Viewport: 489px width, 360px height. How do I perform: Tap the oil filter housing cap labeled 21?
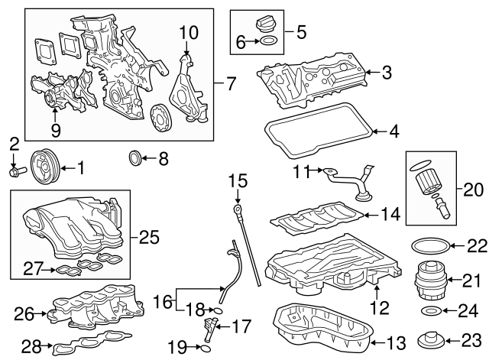(428, 282)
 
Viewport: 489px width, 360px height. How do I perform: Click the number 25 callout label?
(149, 236)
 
